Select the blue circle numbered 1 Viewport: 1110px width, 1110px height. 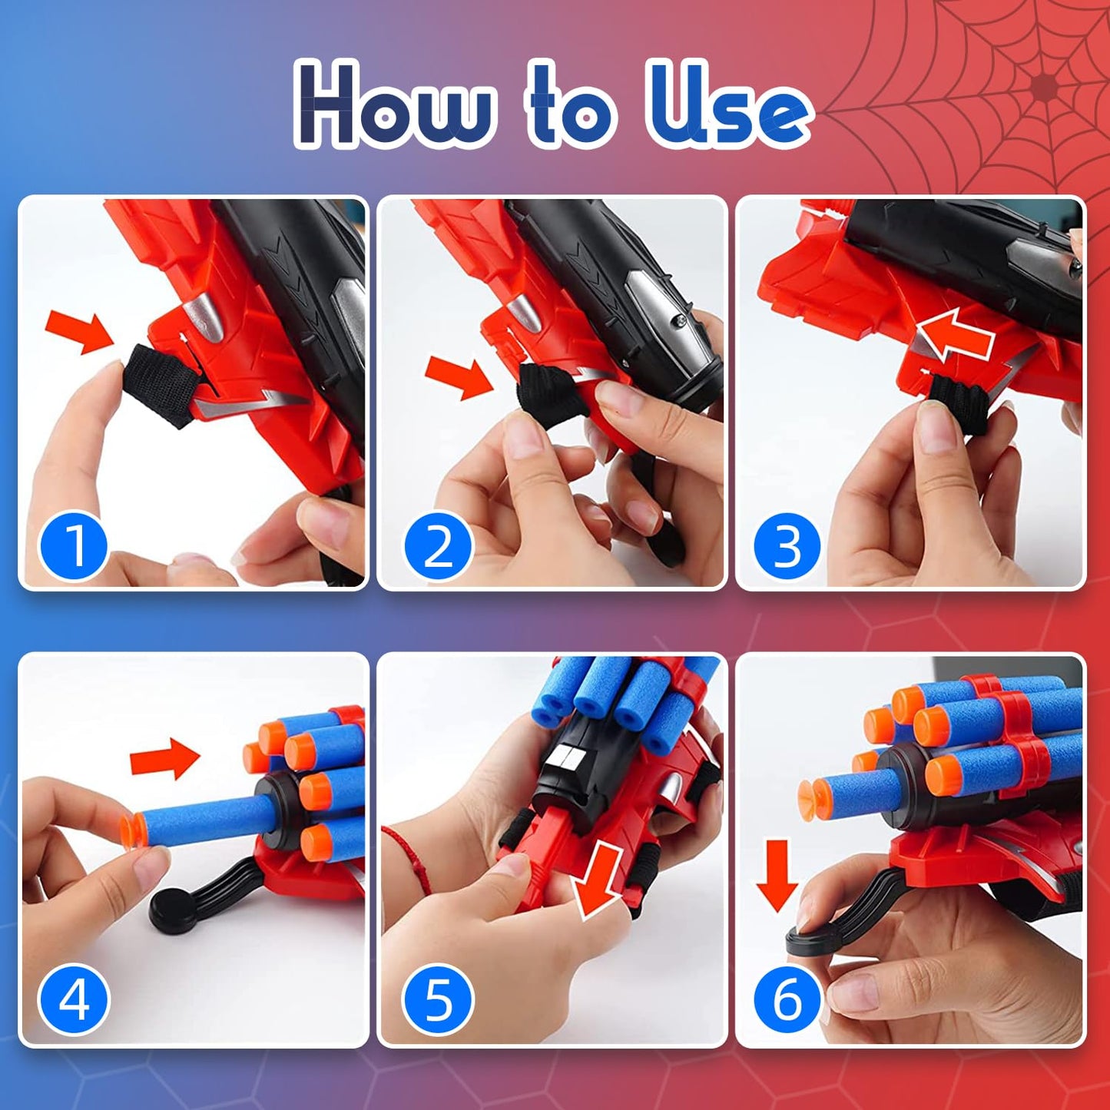click(x=74, y=546)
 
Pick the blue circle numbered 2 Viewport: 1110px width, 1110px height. click(x=438, y=546)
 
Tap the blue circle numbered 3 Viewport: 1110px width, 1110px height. click(x=787, y=546)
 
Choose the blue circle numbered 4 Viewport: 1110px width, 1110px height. click(x=74, y=1000)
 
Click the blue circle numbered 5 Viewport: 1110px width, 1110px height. click(x=438, y=1000)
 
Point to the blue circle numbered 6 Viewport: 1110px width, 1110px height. click(x=787, y=1000)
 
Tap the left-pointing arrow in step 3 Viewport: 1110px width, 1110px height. click(x=955, y=335)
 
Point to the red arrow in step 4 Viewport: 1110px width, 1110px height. click(x=164, y=759)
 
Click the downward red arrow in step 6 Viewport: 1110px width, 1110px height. click(x=777, y=873)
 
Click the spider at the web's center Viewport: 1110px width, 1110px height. click(x=1043, y=87)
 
